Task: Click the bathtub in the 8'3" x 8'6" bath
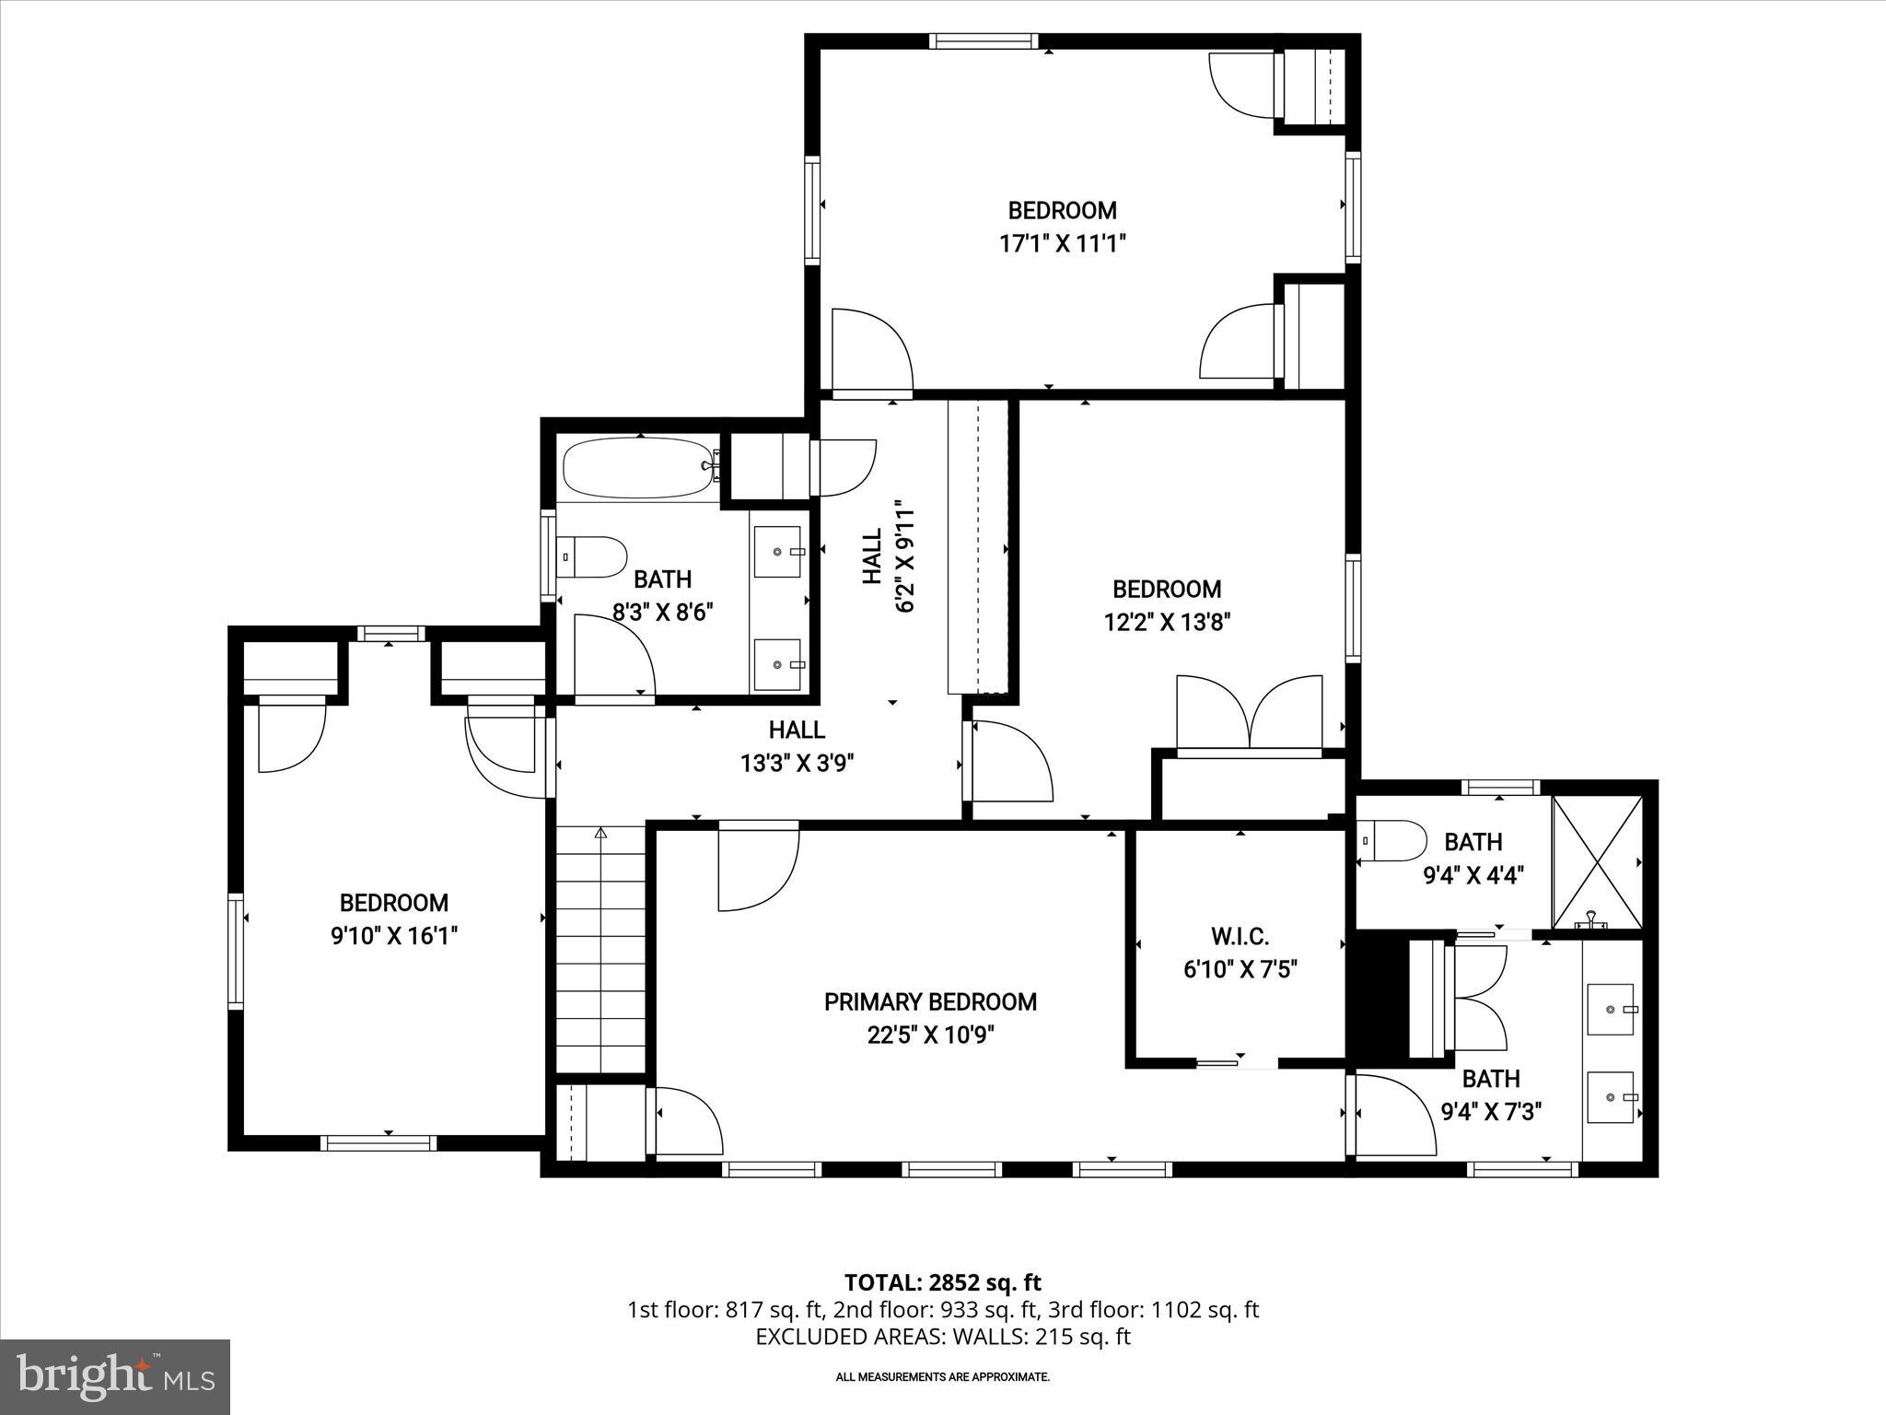[638, 467]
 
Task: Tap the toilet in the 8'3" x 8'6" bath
[590, 556]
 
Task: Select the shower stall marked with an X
[1598, 861]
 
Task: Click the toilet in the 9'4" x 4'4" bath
[1391, 840]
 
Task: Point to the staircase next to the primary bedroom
[600, 949]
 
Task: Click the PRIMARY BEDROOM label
[930, 1001]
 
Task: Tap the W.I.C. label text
[1240, 937]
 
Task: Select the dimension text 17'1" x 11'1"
[1063, 244]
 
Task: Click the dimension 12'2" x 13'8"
[1167, 623]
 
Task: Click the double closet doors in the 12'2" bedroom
[1250, 715]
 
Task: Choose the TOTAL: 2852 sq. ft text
[942, 1282]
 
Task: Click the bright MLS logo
[115, 1376]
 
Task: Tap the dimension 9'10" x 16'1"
[394, 936]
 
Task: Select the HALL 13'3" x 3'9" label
[797, 746]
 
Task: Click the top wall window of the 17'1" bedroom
[984, 41]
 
